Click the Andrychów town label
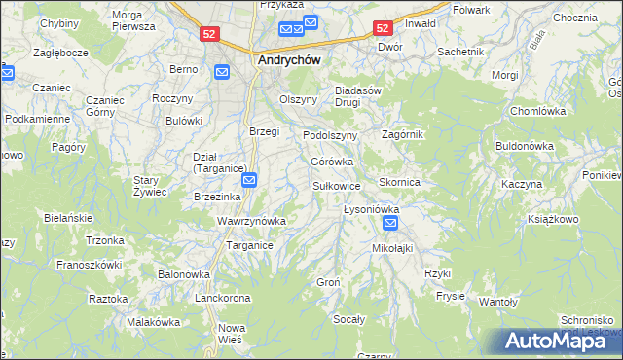(x=289, y=58)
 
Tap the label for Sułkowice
(x=337, y=185)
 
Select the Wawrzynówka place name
(x=251, y=221)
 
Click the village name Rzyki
(x=435, y=273)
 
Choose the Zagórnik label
(x=403, y=134)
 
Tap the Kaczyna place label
(x=521, y=184)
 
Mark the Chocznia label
(x=574, y=18)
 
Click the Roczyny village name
(x=171, y=98)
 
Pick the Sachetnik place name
(x=460, y=51)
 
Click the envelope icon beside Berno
(x=222, y=71)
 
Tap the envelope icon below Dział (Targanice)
(x=249, y=179)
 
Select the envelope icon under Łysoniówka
(x=390, y=224)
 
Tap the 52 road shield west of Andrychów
(x=209, y=33)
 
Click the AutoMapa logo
(x=557, y=340)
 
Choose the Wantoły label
(x=498, y=303)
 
